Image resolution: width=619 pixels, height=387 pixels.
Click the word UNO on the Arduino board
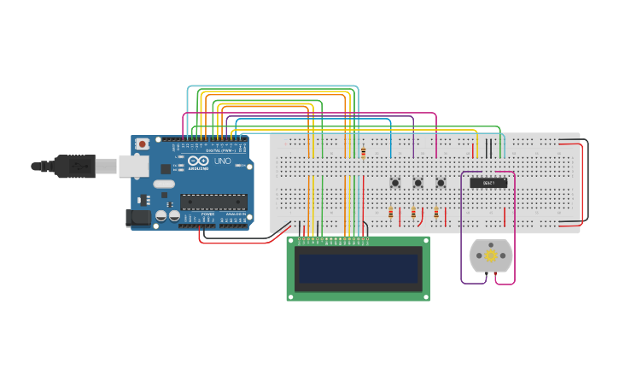click(x=222, y=161)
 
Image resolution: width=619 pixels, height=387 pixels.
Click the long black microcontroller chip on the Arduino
click(x=213, y=202)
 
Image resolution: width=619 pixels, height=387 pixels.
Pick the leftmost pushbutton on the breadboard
click(x=395, y=183)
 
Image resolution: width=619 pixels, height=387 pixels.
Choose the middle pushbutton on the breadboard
click(x=418, y=183)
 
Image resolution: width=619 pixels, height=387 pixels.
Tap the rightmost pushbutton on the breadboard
click(x=441, y=183)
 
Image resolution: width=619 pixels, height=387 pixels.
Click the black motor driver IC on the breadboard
click(x=488, y=183)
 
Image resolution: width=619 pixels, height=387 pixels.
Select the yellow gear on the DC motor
click(x=490, y=255)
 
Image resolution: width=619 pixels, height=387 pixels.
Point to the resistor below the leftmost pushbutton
click(x=391, y=213)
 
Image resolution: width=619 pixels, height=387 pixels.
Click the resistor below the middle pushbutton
click(x=413, y=213)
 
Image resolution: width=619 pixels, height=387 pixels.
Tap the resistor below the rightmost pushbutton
click(x=436, y=213)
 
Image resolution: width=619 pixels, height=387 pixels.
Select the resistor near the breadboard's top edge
click(x=364, y=153)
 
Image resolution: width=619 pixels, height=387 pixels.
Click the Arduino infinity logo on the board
click(x=198, y=161)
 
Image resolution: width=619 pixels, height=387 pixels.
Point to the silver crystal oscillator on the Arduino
click(x=164, y=183)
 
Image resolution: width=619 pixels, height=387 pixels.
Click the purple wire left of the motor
click(x=462, y=239)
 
